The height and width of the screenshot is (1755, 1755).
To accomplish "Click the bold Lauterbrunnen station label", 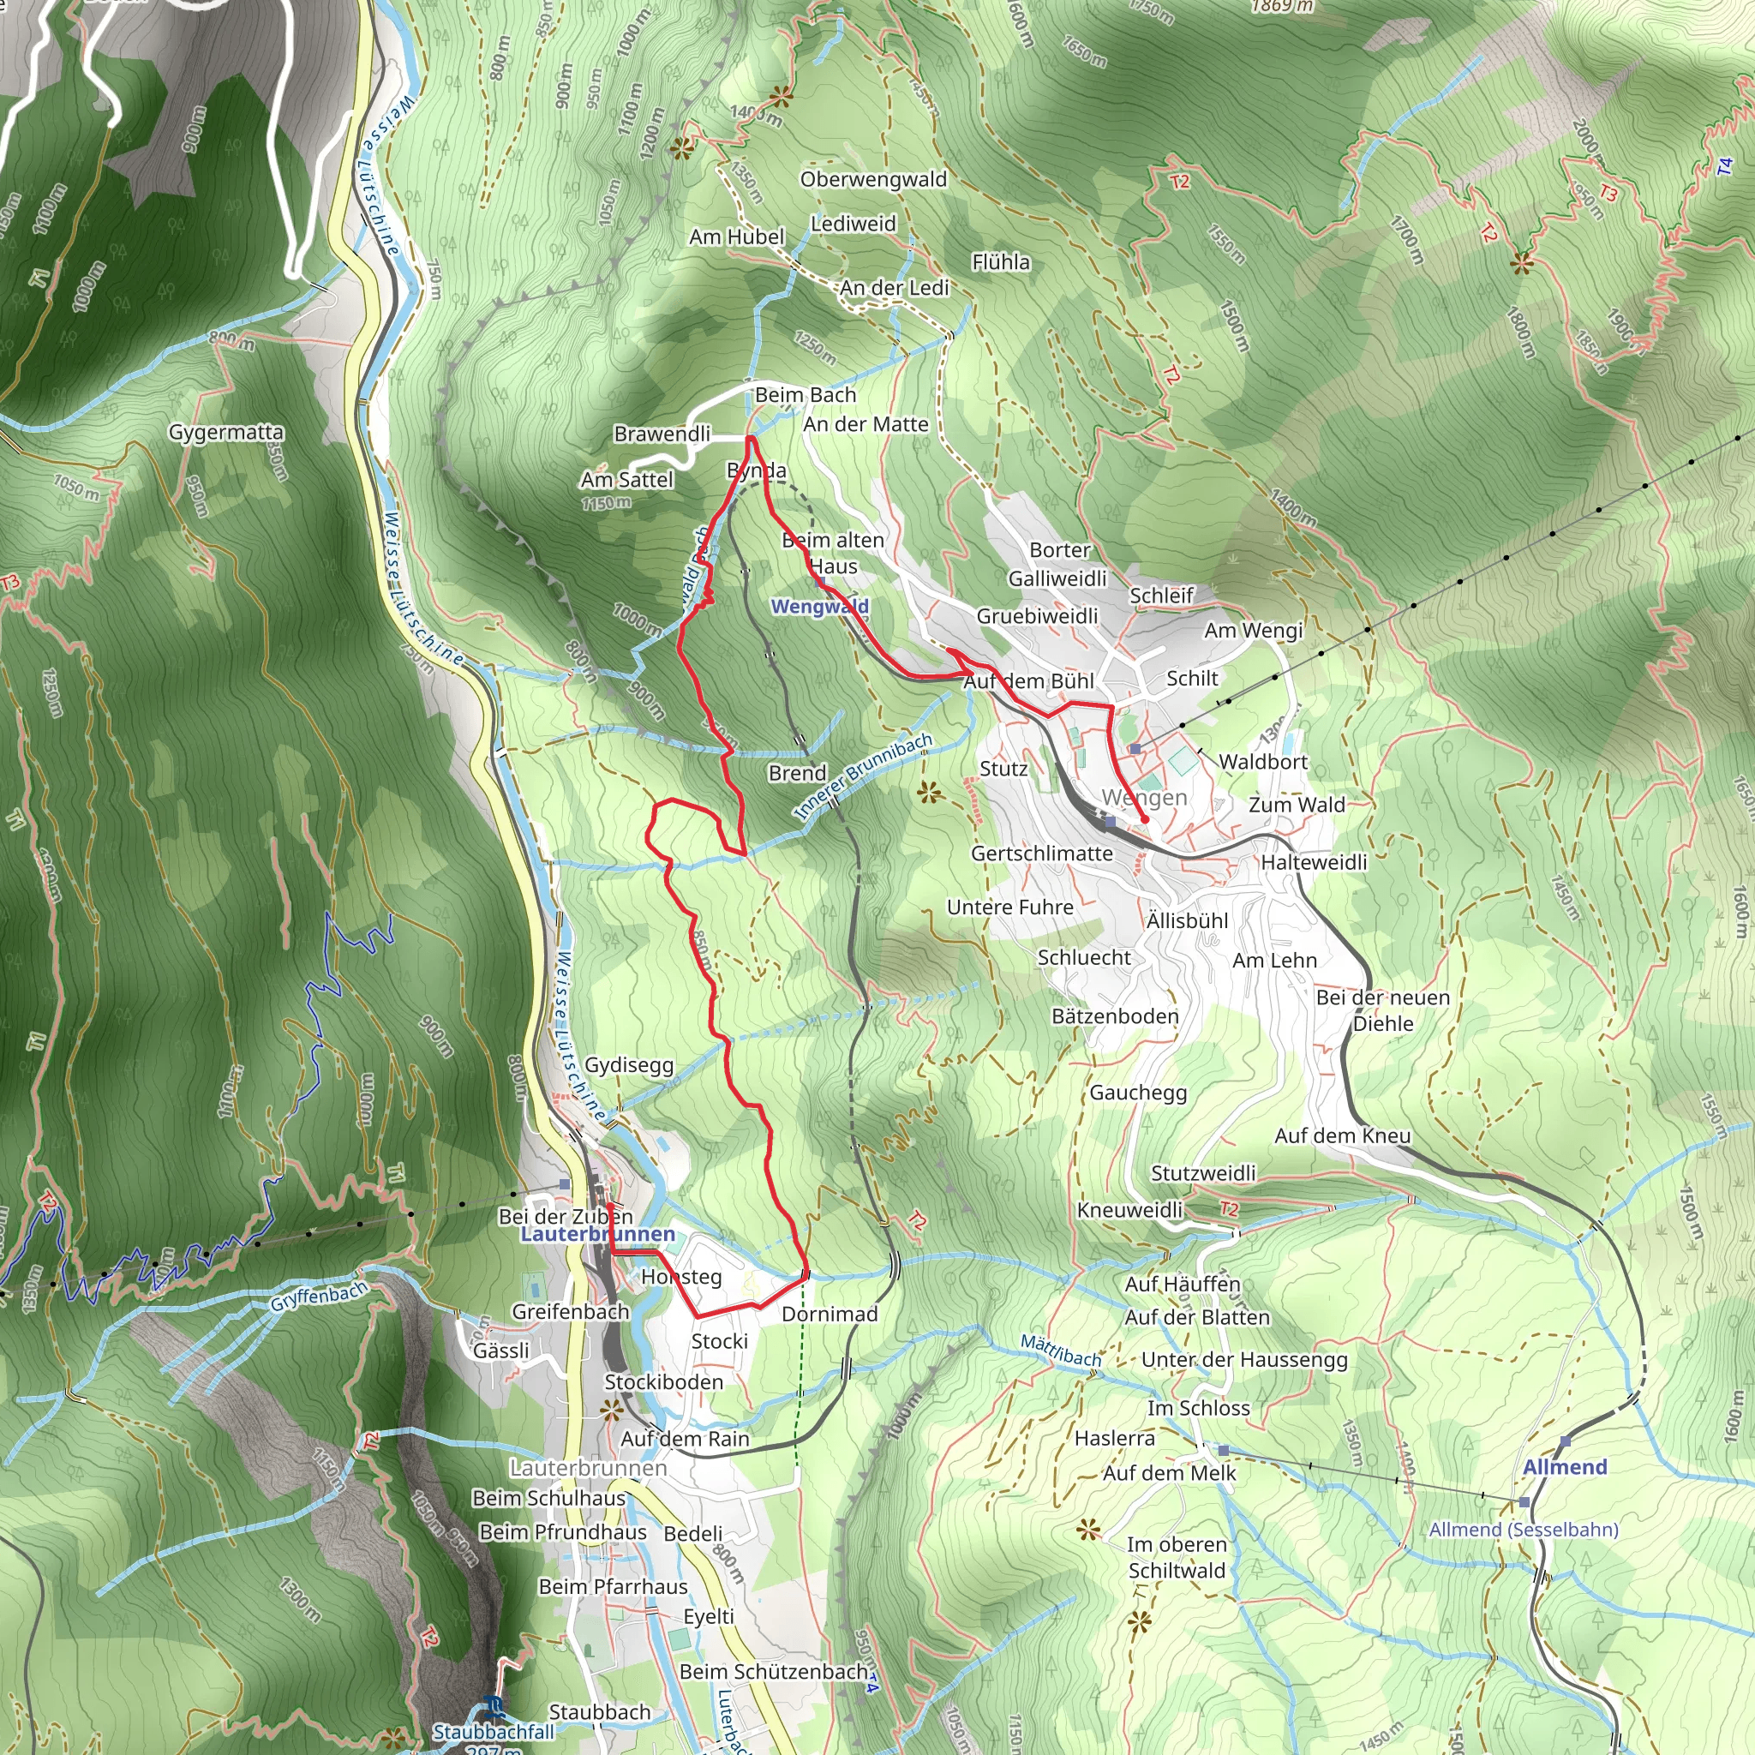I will pos(598,1235).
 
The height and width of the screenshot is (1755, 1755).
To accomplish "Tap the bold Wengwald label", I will pos(819,606).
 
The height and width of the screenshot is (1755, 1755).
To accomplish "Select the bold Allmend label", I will pos(1564,1467).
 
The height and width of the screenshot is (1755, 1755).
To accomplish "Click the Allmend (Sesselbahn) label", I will pos(1524,1530).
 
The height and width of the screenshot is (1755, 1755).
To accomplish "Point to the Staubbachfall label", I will pos(494,1731).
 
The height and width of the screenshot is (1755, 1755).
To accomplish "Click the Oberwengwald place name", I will pos(873,179).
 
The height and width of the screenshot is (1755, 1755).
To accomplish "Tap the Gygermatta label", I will pos(226,432).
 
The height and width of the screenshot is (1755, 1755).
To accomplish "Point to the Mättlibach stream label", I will pos(1060,1350).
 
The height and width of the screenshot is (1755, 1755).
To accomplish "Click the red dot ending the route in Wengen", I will pos(1145,819).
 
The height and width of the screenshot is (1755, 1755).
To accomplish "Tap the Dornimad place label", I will pos(830,1314).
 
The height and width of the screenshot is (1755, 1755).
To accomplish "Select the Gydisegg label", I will pos(629,1064).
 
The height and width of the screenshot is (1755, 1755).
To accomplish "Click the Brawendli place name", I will pos(662,434).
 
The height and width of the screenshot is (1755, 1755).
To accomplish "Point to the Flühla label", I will pos(1001,261).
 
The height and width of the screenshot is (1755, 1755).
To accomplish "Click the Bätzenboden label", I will pos(1115,1015).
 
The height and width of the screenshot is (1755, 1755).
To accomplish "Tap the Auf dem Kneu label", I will pos(1342,1135).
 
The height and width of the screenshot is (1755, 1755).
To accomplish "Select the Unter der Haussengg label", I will pos(1243,1359).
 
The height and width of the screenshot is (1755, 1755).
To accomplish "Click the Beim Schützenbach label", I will pos(773,1671).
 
